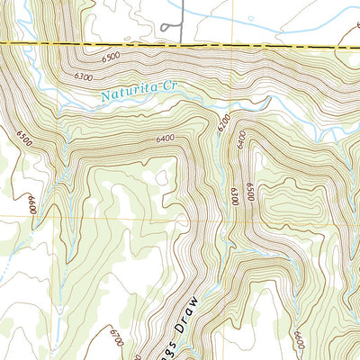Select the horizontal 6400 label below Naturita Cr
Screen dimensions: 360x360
coord(164,139)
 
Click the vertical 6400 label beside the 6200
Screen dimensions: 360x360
coord(240,138)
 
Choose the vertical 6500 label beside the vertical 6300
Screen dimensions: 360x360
coord(250,192)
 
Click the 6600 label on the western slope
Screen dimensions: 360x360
coord(31,204)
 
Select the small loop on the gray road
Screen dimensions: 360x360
coord(169,28)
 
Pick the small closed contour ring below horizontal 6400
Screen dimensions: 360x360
coord(161,177)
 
